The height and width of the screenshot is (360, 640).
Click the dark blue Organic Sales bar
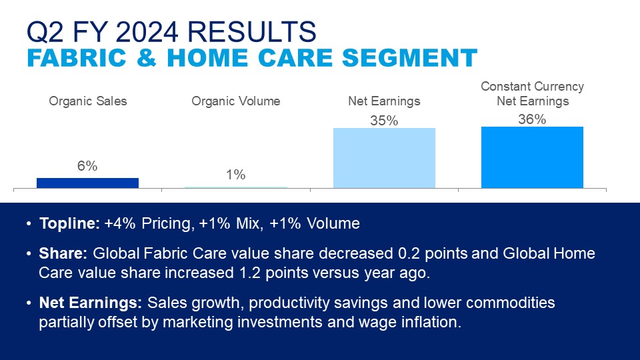[88, 183]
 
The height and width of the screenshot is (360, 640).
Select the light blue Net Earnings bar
[384, 159]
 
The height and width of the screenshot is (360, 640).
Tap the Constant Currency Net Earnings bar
[532, 157]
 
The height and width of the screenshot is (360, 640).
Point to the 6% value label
[87, 166]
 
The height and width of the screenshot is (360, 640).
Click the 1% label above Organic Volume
[236, 175]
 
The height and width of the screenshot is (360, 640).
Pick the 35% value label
[384, 121]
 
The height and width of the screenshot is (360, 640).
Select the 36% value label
[532, 119]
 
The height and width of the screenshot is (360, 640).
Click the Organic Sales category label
[88, 101]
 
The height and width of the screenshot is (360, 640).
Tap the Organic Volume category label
[236, 101]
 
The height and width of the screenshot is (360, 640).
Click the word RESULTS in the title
[252, 32]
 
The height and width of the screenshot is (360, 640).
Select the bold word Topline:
[69, 223]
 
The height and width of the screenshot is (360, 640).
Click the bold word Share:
[63, 253]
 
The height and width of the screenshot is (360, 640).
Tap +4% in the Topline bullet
[120, 223]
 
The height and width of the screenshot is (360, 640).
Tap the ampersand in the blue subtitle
[147, 57]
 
